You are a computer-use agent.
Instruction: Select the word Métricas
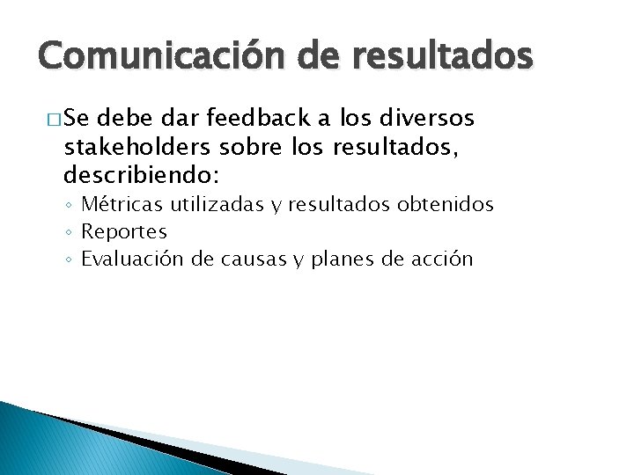(117, 206)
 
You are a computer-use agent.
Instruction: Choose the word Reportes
(124, 232)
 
